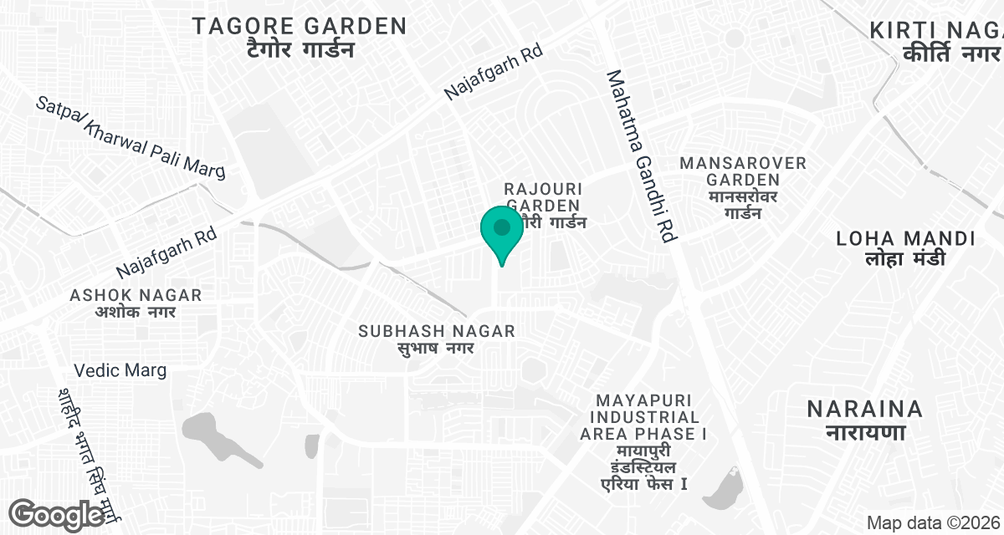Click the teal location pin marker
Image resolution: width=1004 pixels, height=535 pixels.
[x=501, y=232]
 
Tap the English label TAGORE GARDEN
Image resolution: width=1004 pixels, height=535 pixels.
[x=300, y=26]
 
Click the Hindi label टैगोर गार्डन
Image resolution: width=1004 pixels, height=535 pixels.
[x=300, y=50]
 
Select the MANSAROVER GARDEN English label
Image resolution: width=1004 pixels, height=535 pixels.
[x=743, y=171]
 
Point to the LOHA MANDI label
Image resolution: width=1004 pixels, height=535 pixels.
[x=906, y=239]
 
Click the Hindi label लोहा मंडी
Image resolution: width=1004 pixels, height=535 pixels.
[x=906, y=259]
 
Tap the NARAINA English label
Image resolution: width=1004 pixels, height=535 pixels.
[x=865, y=409]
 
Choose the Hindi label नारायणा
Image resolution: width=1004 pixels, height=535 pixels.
[x=865, y=433]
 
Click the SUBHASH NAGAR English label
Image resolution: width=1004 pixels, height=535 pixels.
[x=437, y=331]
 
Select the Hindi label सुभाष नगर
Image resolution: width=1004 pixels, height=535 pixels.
[x=435, y=349]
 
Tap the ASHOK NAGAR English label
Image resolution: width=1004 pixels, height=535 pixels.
[x=136, y=295]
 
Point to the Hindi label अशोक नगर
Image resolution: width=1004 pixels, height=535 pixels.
[x=136, y=313]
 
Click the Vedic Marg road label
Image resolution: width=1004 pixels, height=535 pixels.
[x=120, y=369]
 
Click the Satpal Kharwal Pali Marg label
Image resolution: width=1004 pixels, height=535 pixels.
[x=130, y=138]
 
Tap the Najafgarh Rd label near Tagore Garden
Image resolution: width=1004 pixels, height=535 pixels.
[x=494, y=72]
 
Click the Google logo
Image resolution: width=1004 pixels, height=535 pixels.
[x=57, y=514]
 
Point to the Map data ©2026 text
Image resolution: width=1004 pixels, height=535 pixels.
[x=933, y=523]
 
